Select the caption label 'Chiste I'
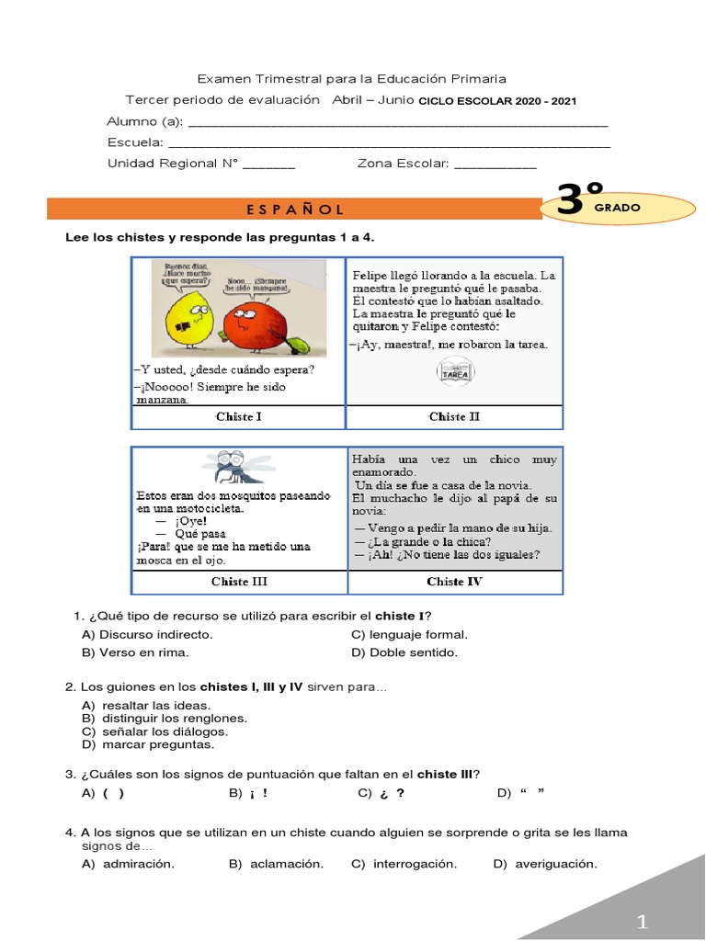238,416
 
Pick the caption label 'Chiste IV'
454,582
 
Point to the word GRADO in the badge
617,209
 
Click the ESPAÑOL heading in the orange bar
295,210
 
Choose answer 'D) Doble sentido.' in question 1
404,652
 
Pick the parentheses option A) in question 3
104,792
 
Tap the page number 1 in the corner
643,921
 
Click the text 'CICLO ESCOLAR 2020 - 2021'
497,101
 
